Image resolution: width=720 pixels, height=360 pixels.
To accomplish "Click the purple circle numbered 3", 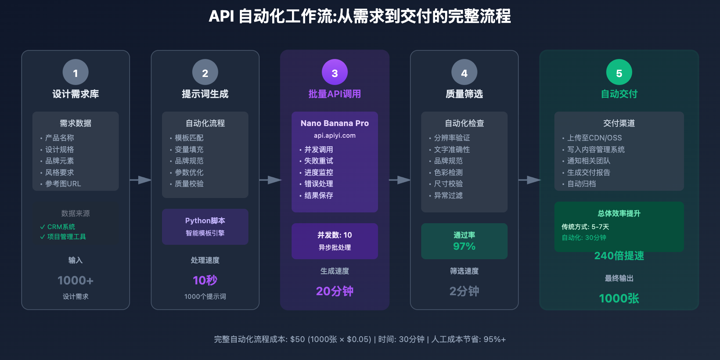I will point(334,72).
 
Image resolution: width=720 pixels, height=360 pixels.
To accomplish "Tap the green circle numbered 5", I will point(619,72).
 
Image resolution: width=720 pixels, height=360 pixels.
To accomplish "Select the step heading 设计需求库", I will point(76,94).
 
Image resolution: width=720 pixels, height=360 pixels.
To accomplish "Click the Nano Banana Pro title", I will point(334,123).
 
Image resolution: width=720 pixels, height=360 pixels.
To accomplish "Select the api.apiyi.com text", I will point(334,135).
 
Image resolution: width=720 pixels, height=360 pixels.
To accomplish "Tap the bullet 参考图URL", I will point(63,184).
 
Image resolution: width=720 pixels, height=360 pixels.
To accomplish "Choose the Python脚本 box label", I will point(205,220).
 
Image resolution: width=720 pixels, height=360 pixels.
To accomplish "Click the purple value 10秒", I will point(205,280).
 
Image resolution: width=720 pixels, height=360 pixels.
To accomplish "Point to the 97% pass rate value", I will point(464,246).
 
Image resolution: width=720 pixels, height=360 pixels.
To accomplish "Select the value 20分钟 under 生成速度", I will point(334,291).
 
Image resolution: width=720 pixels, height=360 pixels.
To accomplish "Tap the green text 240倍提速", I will point(619,256).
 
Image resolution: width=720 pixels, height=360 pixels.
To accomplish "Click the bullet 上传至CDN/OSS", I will point(594,138).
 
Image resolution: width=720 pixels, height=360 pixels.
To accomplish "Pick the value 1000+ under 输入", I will point(76,280).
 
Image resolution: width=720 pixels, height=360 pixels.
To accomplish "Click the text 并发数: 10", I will point(334,235).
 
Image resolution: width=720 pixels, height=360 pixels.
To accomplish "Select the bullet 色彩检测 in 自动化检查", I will point(448,172).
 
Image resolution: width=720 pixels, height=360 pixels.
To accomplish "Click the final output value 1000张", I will point(619,298).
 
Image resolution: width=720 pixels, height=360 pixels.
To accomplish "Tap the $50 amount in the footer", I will point(297,339).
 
